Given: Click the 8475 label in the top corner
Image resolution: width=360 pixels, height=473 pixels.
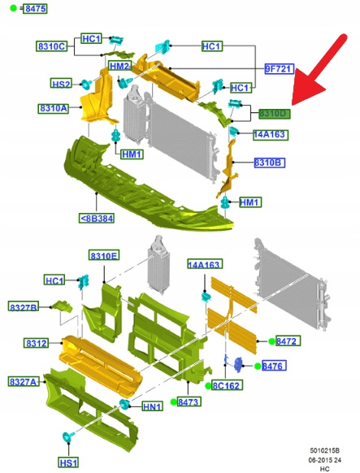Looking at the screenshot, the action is [36, 8].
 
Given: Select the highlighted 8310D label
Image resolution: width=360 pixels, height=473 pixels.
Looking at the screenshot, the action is [275, 114].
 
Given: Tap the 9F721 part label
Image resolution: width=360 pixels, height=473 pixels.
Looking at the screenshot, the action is [280, 69].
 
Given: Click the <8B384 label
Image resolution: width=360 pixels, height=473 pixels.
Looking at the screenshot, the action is [97, 218].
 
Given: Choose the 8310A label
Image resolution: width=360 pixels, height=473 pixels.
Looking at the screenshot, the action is [54, 108].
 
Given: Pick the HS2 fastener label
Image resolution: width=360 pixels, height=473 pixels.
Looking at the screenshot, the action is [61, 84].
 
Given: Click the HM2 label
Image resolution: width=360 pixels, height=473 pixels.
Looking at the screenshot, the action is [119, 66].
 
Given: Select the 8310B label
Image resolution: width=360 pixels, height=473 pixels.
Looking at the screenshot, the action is [269, 163].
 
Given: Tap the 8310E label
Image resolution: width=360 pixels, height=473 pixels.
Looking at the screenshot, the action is [104, 255].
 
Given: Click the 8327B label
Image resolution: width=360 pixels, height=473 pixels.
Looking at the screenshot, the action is [24, 306].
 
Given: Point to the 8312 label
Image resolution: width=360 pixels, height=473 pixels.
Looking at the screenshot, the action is [37, 343].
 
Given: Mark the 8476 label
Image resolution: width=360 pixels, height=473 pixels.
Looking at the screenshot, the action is [274, 366].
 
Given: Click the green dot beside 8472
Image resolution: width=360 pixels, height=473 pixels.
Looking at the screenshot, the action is [271, 341].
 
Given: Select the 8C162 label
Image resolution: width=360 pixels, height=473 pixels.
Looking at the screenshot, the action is [227, 385].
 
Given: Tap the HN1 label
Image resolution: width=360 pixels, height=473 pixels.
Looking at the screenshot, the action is [153, 406].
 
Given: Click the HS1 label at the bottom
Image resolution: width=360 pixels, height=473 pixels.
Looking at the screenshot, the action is [68, 462].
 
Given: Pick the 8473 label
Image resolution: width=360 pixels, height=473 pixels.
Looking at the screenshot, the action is [189, 401].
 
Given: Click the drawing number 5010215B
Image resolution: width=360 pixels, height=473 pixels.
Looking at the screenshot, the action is [325, 450].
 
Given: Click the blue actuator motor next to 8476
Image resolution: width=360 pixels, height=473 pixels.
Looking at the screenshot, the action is [238, 364].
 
